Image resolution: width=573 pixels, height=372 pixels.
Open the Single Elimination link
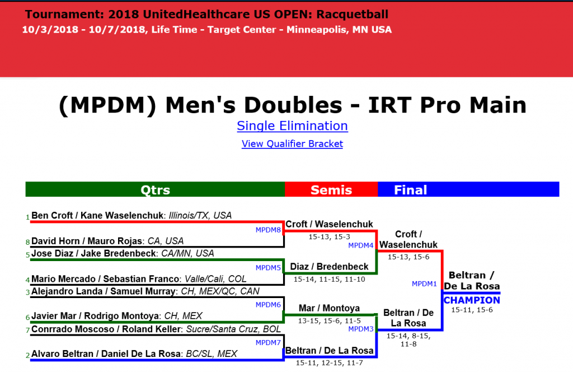pyautogui.click(x=292, y=125)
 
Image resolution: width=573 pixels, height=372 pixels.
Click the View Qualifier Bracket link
pyautogui.click(x=292, y=144)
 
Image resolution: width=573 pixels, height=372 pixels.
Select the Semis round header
pyautogui.click(x=331, y=190)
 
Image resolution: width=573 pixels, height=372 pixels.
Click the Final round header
pyautogui.click(x=410, y=190)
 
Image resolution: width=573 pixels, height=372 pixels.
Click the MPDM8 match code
pyautogui.click(x=268, y=229)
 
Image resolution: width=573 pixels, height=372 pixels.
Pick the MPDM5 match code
pyautogui.click(x=268, y=267)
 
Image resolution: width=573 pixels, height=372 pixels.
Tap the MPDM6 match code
pyautogui.click(x=268, y=305)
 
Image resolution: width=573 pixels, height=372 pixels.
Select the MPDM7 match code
pyautogui.click(x=268, y=342)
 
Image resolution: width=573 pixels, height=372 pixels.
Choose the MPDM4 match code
pyautogui.click(x=361, y=245)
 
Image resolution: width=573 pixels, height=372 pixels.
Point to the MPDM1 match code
pyautogui.click(x=425, y=284)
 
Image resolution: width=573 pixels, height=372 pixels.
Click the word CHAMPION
pyautogui.click(x=472, y=301)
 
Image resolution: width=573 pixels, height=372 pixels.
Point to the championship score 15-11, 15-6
pyautogui.click(x=472, y=310)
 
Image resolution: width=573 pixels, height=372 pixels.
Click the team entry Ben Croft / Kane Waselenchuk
pyautogui.click(x=96, y=215)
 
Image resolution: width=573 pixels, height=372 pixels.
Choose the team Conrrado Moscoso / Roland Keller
pyautogui.click(x=106, y=329)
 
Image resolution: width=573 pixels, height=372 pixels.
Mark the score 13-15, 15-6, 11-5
pyautogui.click(x=329, y=320)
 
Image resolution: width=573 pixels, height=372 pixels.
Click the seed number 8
pyautogui.click(x=27, y=242)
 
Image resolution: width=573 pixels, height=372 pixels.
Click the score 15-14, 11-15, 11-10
pyautogui.click(x=329, y=279)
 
